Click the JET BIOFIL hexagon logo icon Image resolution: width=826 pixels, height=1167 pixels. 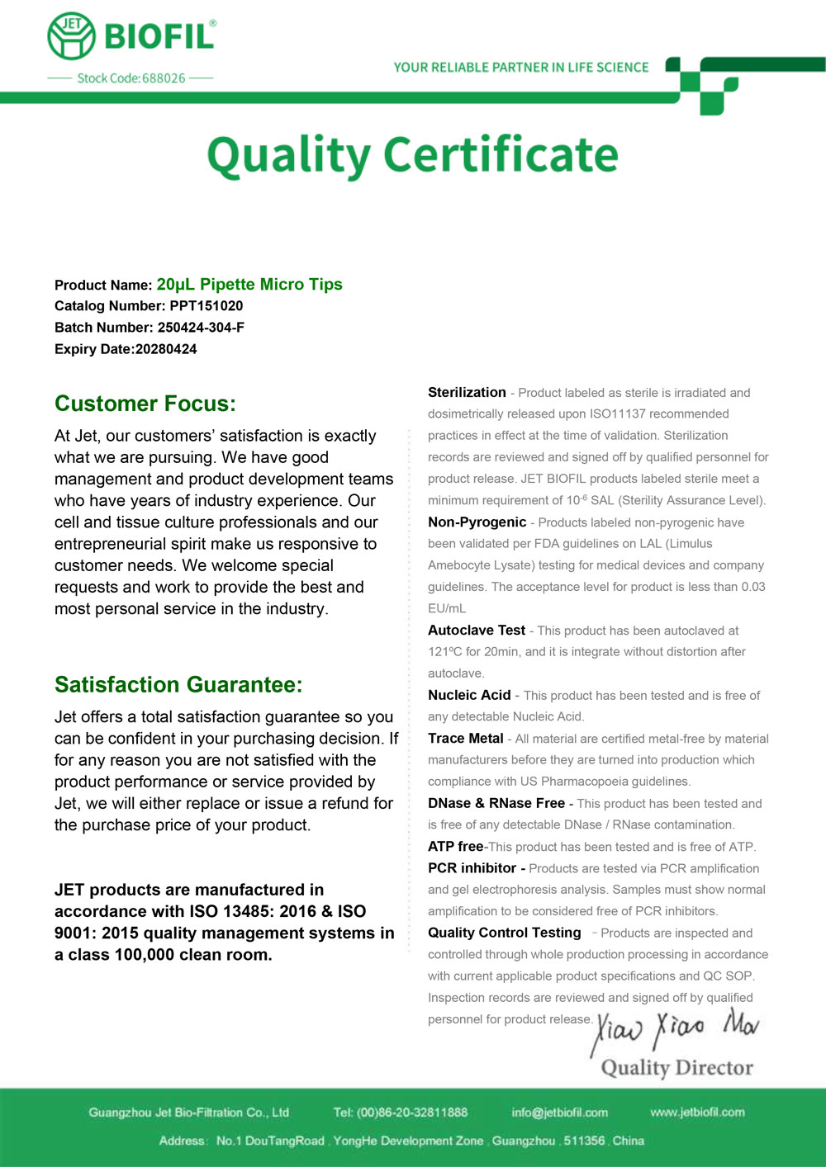click(x=71, y=36)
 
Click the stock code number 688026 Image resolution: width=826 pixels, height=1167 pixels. click(x=164, y=78)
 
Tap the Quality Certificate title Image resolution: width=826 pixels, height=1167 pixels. click(x=412, y=155)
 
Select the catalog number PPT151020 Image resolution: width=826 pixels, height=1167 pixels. click(x=206, y=306)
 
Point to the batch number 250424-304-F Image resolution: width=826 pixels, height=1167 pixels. click(x=201, y=328)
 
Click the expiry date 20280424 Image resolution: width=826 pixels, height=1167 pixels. click(x=166, y=349)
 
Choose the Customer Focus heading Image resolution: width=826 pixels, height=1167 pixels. click(x=145, y=404)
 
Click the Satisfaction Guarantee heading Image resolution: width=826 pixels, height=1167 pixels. click(x=178, y=685)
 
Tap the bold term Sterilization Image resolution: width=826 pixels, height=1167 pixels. click(x=467, y=393)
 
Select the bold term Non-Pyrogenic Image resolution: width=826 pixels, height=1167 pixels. click(x=477, y=522)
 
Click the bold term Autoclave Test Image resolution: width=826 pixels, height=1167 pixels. click(x=477, y=631)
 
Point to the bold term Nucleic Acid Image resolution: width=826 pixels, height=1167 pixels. click(x=469, y=696)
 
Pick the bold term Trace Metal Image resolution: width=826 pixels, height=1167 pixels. click(x=465, y=739)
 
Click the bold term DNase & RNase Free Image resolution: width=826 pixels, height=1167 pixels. click(x=496, y=803)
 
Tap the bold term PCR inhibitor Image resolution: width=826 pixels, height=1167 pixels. click(x=472, y=868)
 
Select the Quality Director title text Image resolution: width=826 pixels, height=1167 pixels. click(x=676, y=1068)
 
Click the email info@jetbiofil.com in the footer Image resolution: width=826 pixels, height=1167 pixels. click(x=559, y=1113)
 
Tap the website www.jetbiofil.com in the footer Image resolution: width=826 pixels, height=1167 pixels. click(x=697, y=1113)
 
